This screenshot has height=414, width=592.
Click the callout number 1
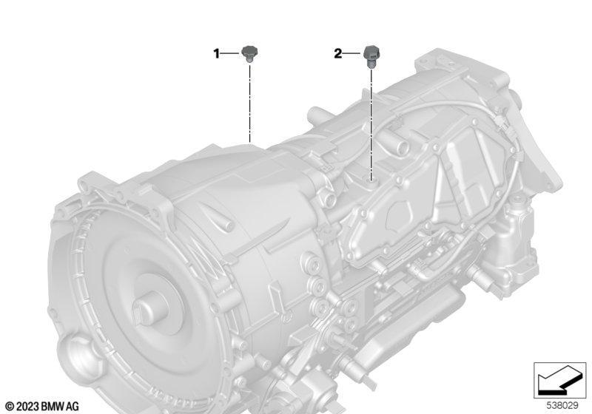pos(216,54)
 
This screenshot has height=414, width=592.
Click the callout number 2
pos(338,53)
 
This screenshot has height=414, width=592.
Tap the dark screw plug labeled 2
pos(371,55)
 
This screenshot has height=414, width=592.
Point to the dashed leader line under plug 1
pos(249,103)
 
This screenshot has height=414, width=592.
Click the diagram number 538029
pos(562,406)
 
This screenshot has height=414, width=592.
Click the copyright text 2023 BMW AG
pos(48,407)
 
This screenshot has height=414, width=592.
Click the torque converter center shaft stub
pos(149,308)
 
